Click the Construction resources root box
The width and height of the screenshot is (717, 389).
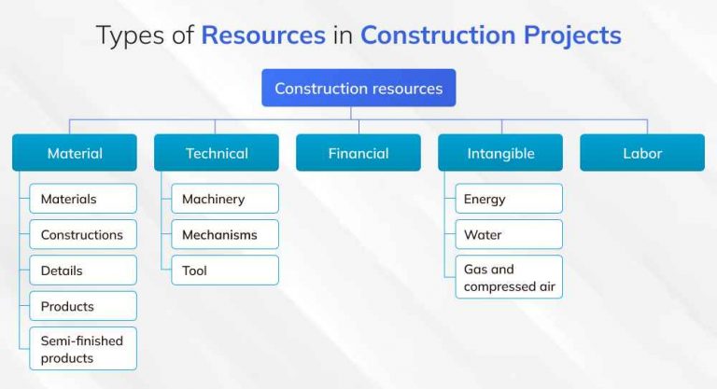[358, 89]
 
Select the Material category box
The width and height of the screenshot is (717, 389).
[75, 153]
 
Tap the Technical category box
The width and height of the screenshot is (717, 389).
[217, 153]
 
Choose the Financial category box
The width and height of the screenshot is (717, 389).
[358, 153]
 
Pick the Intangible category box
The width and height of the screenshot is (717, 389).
[500, 153]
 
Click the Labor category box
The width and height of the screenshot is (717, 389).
[642, 153]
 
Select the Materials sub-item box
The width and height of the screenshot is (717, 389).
[83, 199]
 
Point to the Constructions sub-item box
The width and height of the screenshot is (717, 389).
[83, 234]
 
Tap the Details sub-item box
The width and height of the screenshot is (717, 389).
[83, 271]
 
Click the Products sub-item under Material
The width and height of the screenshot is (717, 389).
[83, 306]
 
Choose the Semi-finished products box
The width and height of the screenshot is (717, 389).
[83, 349]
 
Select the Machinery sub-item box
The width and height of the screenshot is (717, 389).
[225, 199]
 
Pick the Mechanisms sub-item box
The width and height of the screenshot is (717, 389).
[225, 234]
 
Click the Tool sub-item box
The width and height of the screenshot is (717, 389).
[225, 271]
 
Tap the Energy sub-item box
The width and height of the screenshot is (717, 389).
[509, 199]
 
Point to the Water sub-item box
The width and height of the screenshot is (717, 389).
[509, 234]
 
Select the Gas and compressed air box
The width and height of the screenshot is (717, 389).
[509, 277]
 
